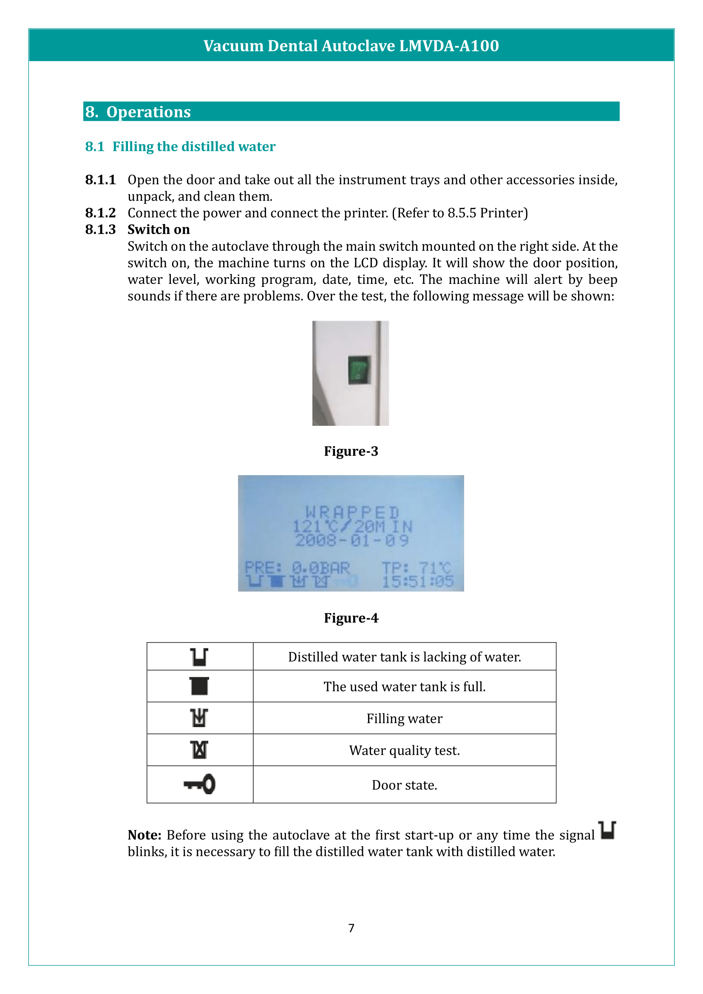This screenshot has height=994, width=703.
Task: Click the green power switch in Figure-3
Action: click(359, 370)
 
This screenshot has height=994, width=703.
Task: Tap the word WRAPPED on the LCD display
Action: click(352, 512)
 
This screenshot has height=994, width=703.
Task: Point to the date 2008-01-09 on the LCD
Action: click(352, 540)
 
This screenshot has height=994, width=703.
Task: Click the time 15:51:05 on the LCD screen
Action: click(418, 581)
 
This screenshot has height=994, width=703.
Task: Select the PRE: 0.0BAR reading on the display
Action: click(297, 568)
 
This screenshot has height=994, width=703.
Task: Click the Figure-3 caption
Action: click(351, 451)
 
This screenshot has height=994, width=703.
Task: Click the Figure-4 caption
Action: click(351, 618)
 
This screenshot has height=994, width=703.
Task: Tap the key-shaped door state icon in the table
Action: click(200, 784)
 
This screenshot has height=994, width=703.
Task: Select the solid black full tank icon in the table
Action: click(200, 686)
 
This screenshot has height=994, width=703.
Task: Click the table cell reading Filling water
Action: click(404, 718)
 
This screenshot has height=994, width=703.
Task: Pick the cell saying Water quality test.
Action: click(404, 750)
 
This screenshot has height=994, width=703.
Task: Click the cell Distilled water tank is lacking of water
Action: click(404, 657)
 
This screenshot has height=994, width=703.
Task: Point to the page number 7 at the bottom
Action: click(351, 928)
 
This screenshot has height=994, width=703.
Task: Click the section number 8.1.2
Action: click(100, 213)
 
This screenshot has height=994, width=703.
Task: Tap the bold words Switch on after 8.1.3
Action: click(159, 229)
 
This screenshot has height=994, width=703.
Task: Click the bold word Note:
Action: click(144, 835)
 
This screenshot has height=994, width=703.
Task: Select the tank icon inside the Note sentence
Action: click(607, 830)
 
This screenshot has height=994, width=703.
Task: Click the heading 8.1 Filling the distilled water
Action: click(180, 146)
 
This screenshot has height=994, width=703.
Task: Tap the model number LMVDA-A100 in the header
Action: click(449, 45)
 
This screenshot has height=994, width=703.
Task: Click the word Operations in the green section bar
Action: click(148, 112)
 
